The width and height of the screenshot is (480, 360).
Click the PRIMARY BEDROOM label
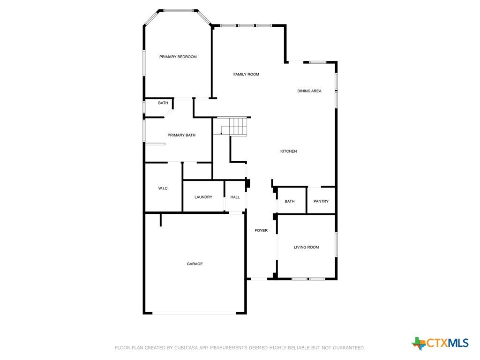pos(178,57)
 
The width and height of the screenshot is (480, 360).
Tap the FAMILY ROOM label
pos(246,74)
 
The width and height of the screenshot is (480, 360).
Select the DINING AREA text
pos(309,91)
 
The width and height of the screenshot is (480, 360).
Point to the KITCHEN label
pos(288,151)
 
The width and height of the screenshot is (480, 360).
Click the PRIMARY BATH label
pos(181,135)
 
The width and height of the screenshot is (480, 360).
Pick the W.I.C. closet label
pos(163,188)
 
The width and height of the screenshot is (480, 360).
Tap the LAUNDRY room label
pos(203,197)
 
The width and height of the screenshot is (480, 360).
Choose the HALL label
pos(235,197)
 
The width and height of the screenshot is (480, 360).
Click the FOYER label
pos(261,231)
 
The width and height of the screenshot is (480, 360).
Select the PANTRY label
pos(321,201)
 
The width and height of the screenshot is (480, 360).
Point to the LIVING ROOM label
pos(306,247)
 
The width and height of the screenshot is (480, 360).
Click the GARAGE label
pos(195,264)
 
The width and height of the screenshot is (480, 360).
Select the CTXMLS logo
pos(440,343)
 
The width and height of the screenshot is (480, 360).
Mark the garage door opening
pos(194,313)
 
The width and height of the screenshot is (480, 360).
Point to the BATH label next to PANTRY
pos(289,201)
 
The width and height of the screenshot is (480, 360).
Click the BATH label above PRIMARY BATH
pos(163,103)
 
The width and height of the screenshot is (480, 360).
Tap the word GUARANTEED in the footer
pos(349,348)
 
